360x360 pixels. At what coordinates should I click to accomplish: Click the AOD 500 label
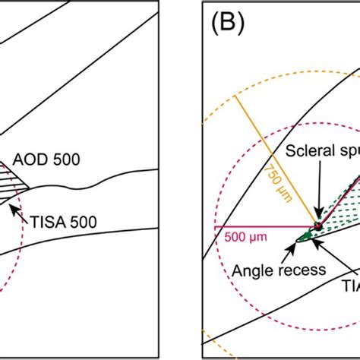(x=58, y=159)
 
